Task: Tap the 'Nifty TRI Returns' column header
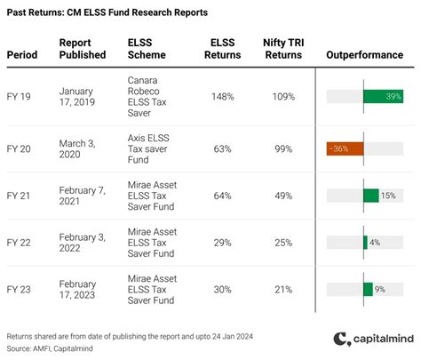[283, 48]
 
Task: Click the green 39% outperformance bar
[383, 95]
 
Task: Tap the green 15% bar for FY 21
[370, 195]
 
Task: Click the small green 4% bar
[365, 241]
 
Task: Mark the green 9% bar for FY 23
[368, 288]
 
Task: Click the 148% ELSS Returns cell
[223, 95]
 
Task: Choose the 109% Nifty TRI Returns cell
[283, 95]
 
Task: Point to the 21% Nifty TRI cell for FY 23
[283, 288]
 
